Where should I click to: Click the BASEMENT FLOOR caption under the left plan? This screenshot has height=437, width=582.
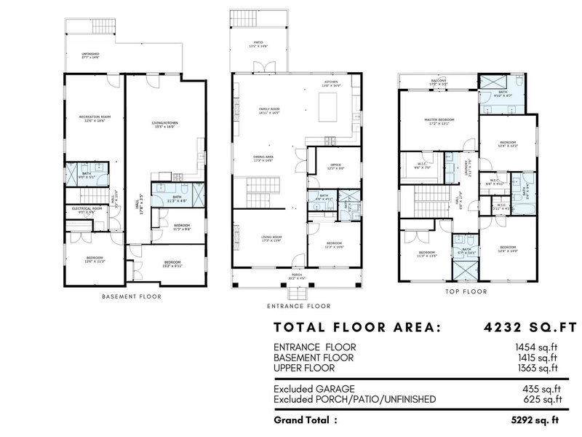132,296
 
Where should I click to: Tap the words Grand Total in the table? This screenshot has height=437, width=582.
306,420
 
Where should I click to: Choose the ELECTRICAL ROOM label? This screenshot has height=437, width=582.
87,209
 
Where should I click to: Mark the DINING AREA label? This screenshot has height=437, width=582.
263,157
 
